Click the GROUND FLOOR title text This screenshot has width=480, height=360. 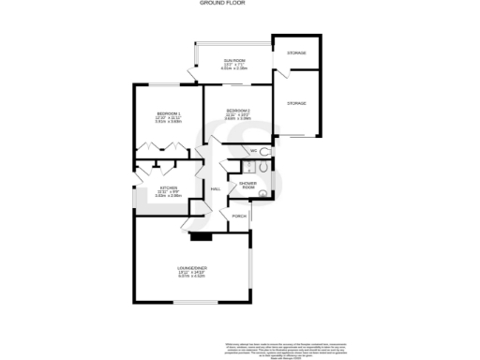point(239,4)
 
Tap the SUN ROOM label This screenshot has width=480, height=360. point(233,61)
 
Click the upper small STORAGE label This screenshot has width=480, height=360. point(295,53)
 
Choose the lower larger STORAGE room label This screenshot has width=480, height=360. point(296,102)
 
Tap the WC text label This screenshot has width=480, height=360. point(253,151)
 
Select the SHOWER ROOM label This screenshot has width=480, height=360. point(247,185)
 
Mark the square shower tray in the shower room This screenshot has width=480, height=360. point(264,169)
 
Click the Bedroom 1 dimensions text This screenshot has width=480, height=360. point(168,119)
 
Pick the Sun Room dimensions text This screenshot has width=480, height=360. point(233,67)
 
